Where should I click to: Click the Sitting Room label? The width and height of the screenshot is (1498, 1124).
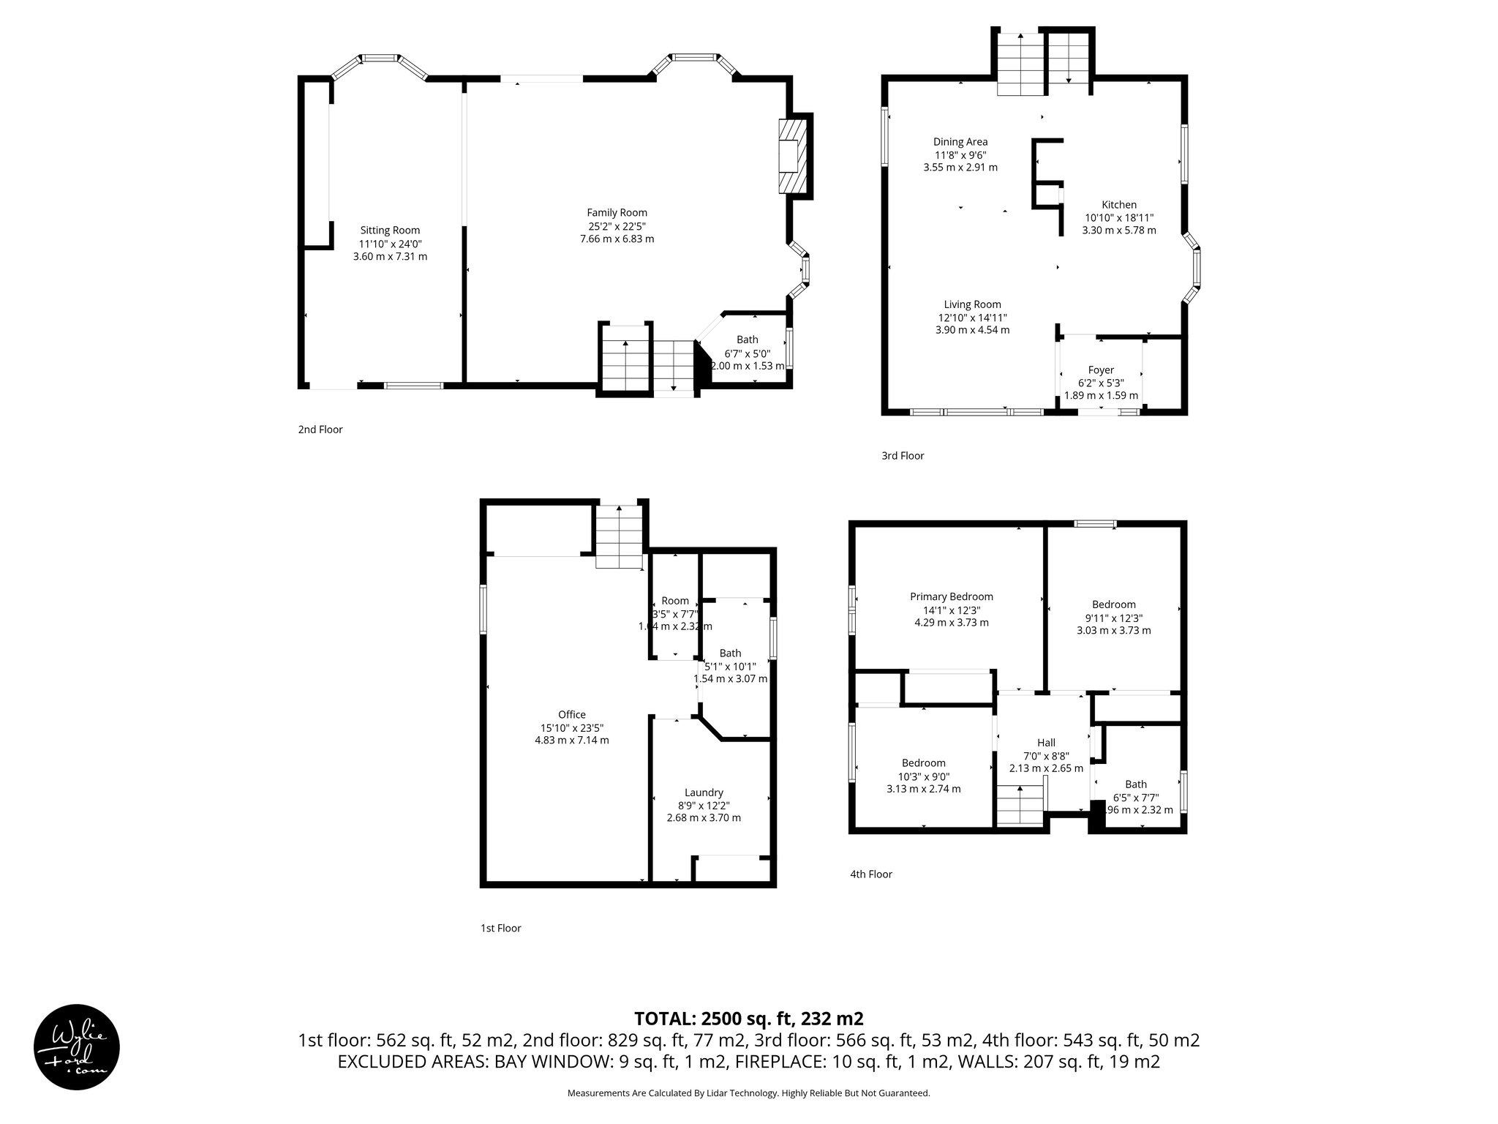[x=390, y=231]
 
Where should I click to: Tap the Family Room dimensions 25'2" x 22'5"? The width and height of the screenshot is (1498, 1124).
[x=617, y=226]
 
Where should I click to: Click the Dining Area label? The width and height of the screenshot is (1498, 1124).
[x=960, y=142]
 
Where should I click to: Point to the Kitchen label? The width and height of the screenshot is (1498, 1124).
[x=1118, y=205]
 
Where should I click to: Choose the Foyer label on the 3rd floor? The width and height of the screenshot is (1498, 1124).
[x=1100, y=370]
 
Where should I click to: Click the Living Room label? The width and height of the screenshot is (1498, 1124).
[x=971, y=304]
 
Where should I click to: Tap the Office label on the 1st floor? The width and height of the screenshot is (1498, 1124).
[x=571, y=715]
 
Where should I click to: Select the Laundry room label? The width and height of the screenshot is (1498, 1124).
[x=703, y=793]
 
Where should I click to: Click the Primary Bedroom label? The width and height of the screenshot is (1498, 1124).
[x=951, y=596]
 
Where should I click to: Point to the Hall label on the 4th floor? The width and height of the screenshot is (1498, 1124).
[x=1046, y=743]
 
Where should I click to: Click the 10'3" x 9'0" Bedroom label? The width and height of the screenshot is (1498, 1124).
[x=923, y=763]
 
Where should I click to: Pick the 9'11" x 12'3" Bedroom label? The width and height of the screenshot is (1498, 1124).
[x=1113, y=604]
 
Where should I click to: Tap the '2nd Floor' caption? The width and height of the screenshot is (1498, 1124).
[x=320, y=430]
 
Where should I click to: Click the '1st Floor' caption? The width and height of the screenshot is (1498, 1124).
[x=500, y=928]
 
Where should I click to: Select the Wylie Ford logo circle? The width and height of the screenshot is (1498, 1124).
[x=77, y=1046]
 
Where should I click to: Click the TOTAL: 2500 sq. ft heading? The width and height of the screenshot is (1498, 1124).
[x=748, y=1019]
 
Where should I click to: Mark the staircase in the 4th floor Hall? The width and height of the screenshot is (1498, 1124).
[x=1020, y=805]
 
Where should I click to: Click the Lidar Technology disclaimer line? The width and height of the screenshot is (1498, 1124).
[x=748, y=1093]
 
